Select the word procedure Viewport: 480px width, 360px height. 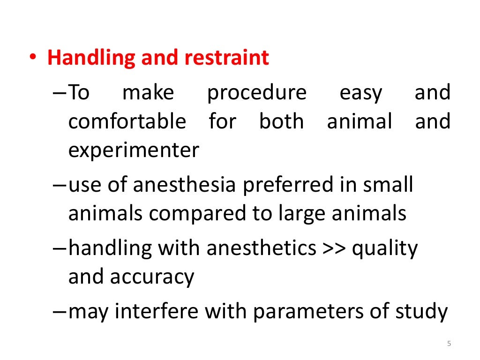click(257, 93)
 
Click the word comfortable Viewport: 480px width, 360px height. click(127, 122)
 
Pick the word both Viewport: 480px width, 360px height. click(281, 122)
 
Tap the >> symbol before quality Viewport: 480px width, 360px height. click(334, 248)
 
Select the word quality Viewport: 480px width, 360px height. click(384, 248)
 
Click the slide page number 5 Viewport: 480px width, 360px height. click(449, 344)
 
